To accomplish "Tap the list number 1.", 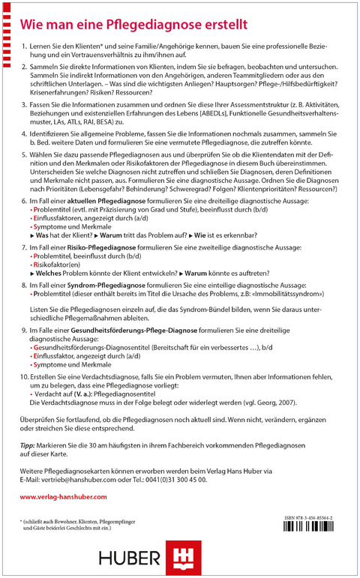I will point(23,46).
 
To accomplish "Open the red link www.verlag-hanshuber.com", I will point(64,497).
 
